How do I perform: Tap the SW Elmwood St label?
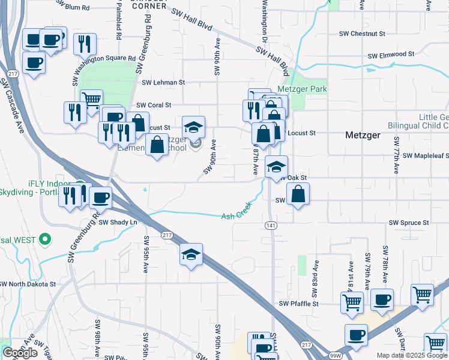(x=390, y=55)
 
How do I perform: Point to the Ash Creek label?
(x=238, y=211)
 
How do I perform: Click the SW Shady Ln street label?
(x=118, y=222)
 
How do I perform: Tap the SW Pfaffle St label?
(x=298, y=304)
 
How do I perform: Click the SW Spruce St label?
(x=409, y=223)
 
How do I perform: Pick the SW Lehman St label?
(x=163, y=82)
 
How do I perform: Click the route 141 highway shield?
(x=270, y=224)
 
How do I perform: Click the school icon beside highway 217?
(x=191, y=254)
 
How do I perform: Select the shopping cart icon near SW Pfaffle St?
(x=351, y=302)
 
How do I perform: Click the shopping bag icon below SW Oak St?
(x=298, y=194)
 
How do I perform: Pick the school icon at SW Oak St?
(x=276, y=166)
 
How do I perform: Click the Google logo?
(x=20, y=353)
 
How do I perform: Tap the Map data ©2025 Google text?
(x=411, y=355)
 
